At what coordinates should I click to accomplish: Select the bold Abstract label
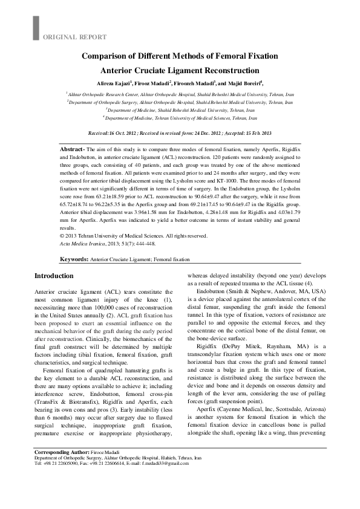click(73, 149)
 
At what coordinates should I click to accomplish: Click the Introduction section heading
click(54, 276)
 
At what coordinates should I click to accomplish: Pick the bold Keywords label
click(73, 259)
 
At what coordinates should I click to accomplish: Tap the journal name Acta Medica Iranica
click(81, 244)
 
